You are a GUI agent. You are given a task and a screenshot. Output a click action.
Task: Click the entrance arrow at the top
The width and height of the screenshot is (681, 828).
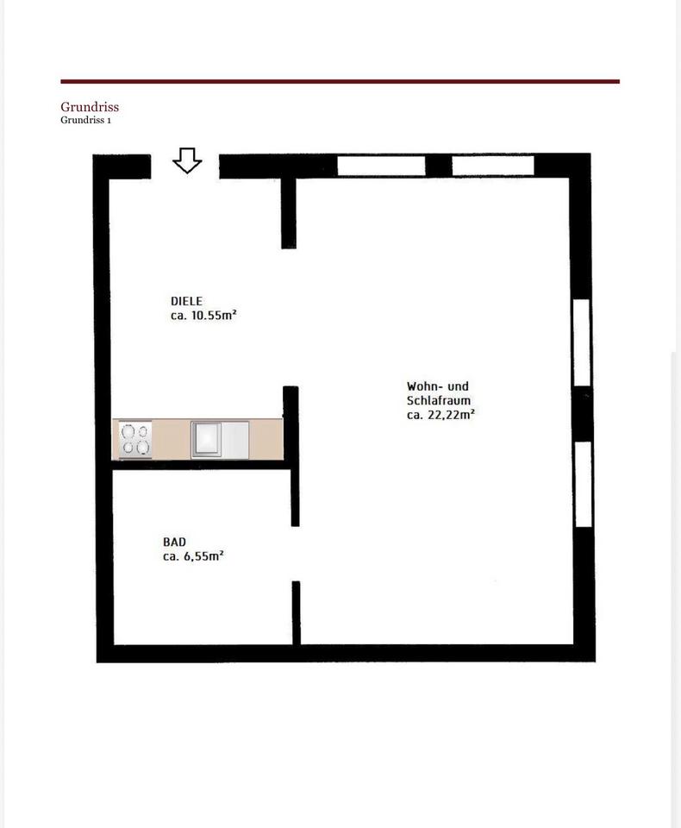click(x=187, y=160)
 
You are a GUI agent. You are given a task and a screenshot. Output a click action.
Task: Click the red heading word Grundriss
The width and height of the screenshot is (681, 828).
click(x=90, y=107)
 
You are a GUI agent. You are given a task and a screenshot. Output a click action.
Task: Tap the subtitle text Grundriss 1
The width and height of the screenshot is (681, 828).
click(x=85, y=120)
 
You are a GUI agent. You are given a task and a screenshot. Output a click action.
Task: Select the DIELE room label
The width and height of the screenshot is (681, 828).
click(x=186, y=301)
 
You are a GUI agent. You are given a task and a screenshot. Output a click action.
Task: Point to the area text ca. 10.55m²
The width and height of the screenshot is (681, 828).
click(x=203, y=316)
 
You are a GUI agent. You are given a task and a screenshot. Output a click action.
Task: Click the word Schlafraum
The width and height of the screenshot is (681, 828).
click(x=438, y=400)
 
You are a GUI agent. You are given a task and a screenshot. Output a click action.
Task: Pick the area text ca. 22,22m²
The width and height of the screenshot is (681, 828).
click(x=440, y=415)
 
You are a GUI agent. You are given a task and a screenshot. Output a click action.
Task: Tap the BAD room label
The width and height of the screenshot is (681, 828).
click(x=174, y=542)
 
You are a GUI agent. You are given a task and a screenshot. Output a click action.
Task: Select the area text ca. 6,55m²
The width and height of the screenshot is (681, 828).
click(x=193, y=556)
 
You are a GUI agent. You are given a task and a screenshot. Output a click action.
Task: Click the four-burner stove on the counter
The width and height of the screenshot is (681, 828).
click(x=135, y=439)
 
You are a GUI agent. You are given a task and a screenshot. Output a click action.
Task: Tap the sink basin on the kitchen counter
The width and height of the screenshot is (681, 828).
click(x=206, y=439)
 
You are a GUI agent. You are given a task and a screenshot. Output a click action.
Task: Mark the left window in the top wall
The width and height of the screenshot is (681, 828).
click(x=381, y=166)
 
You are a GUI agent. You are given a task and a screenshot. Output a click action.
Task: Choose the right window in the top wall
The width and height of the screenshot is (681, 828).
click(x=493, y=166)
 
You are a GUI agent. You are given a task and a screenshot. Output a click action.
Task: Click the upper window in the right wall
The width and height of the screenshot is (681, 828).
click(x=582, y=342)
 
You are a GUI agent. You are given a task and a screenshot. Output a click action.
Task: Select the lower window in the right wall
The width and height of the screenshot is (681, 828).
click(x=584, y=484)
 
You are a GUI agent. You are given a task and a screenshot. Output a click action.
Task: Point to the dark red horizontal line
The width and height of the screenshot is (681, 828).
click(x=340, y=81)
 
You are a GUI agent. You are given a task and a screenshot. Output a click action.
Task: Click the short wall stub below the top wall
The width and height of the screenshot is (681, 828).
click(x=289, y=213)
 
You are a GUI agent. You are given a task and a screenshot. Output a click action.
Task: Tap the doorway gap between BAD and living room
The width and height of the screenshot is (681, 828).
click(x=296, y=554)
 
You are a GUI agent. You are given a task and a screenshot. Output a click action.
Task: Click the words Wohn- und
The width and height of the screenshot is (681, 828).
click(x=438, y=386)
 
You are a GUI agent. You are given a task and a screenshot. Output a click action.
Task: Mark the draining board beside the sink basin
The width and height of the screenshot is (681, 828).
click(x=235, y=439)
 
